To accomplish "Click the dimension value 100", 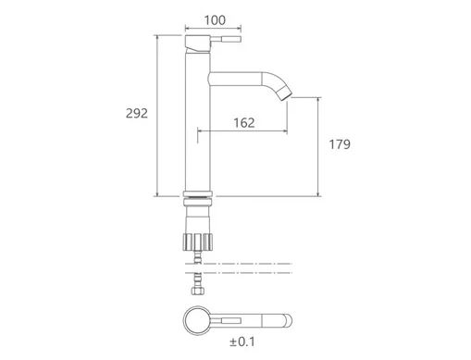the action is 215,20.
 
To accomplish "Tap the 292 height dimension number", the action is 137,114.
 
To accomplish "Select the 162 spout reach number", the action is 244,123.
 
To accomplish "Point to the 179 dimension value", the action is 340,144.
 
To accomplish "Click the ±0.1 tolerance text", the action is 242,341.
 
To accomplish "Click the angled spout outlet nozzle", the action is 284,93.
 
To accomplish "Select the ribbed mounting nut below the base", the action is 198,242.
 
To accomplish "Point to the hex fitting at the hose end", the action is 198,291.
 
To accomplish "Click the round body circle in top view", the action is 197,320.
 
